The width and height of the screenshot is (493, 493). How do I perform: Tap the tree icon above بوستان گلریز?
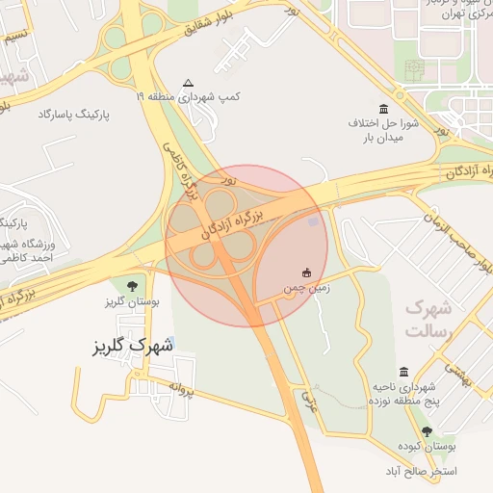(x=131, y=284)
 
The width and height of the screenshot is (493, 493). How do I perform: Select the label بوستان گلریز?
(x=131, y=301)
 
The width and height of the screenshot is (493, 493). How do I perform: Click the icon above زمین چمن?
(x=307, y=272)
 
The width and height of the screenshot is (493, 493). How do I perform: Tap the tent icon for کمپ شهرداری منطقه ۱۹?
(x=188, y=83)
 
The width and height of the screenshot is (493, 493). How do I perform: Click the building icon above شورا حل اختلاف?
(x=385, y=108)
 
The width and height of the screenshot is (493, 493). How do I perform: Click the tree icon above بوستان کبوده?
(x=427, y=432)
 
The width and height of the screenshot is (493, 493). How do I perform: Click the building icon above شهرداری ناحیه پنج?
(x=403, y=372)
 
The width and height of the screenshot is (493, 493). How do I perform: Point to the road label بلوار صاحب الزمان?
(x=448, y=230)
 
